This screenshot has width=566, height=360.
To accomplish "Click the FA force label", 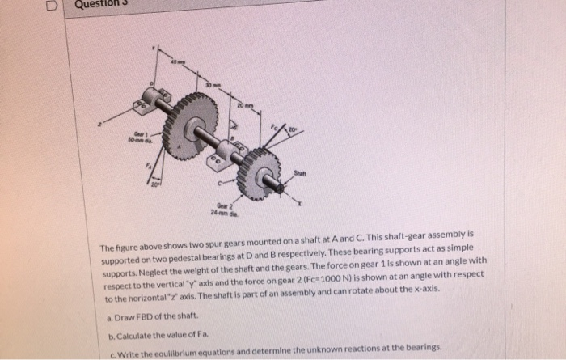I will [x=148, y=167].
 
